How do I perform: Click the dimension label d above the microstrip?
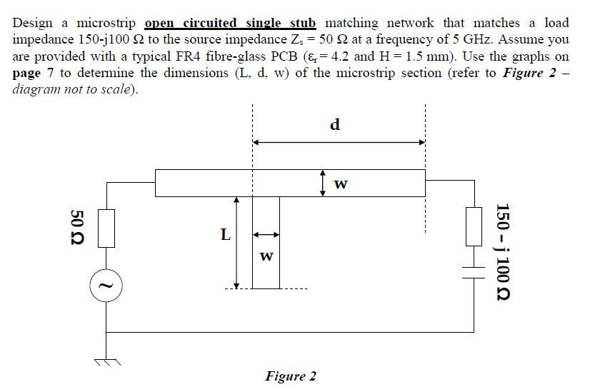coord(336,124)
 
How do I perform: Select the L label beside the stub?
coord(225,234)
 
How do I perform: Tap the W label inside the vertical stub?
coord(265,256)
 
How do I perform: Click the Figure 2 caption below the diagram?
coord(291,376)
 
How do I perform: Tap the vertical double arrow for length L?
coord(237,243)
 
